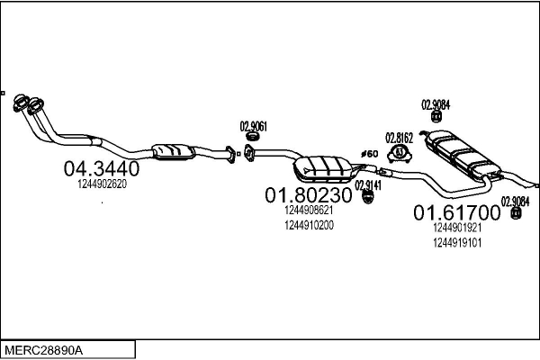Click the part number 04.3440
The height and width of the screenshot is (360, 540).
pyautogui.click(x=100, y=168)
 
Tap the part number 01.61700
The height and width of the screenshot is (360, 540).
pyautogui.click(x=455, y=213)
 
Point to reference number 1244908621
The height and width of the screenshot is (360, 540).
pyautogui.click(x=309, y=211)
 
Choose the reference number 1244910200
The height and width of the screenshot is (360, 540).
pyautogui.click(x=309, y=225)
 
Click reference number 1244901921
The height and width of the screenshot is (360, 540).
pyautogui.click(x=456, y=229)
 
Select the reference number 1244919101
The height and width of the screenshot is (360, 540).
pyautogui.click(x=456, y=242)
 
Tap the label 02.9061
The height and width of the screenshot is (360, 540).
pyautogui.click(x=253, y=126)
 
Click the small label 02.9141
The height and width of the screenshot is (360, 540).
pyautogui.click(x=367, y=184)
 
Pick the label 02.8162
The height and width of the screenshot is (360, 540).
pyautogui.click(x=399, y=138)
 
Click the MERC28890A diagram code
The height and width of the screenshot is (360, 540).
pyautogui.click(x=43, y=348)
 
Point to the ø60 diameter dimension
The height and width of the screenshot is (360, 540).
pyautogui.click(x=369, y=154)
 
